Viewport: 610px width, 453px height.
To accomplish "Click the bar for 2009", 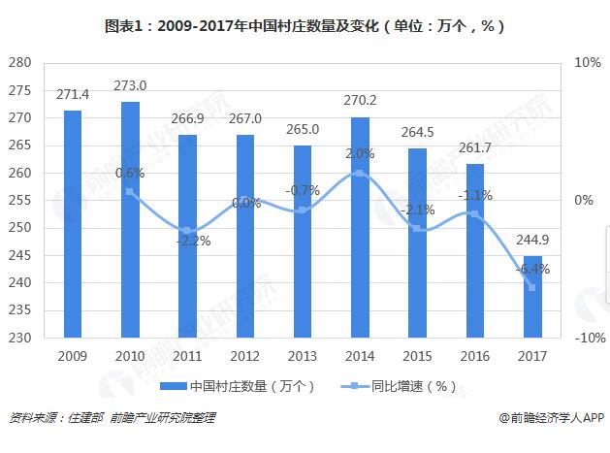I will pyautogui.click(x=73, y=224).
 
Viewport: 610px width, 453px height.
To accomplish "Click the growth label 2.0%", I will pyautogui.click(x=360, y=153).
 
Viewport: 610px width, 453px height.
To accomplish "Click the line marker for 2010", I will pyautogui.click(x=130, y=192).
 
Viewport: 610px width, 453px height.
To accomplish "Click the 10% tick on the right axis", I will pyautogui.click(x=589, y=63).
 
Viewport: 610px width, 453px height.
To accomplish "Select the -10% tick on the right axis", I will pyautogui.click(x=587, y=339).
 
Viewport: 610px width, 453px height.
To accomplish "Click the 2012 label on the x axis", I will pyautogui.click(x=245, y=356).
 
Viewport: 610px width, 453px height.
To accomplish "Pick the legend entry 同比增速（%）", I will pyautogui.click(x=401, y=386).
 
